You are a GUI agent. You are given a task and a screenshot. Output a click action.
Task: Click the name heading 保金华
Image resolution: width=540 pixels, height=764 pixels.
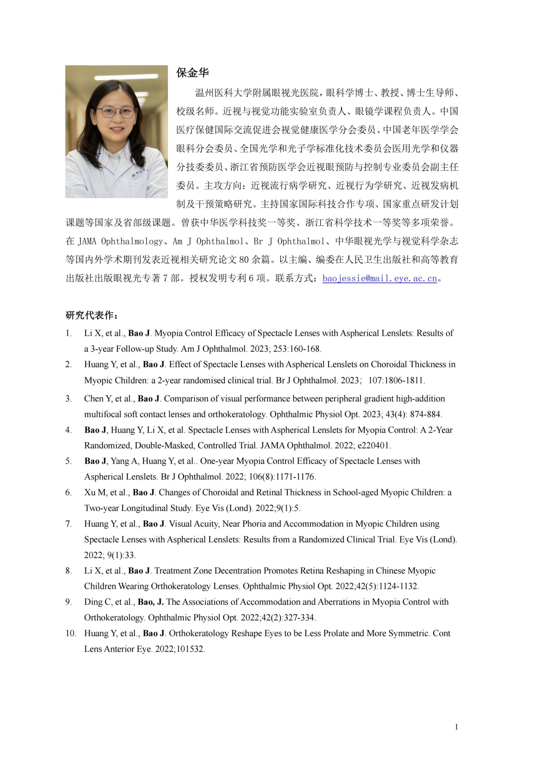[192, 73]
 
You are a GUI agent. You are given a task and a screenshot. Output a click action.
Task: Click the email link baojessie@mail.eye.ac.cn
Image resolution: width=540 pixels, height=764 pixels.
[379, 278]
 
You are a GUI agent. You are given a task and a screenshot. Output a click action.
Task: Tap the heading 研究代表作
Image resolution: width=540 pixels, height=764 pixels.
[91, 315]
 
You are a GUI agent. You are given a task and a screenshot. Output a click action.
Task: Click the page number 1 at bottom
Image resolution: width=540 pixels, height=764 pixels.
[456, 727]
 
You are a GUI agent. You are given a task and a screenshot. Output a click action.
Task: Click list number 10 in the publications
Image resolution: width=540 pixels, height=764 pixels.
[71, 633]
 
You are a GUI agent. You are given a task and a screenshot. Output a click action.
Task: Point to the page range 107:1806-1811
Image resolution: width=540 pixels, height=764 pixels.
[396, 380]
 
